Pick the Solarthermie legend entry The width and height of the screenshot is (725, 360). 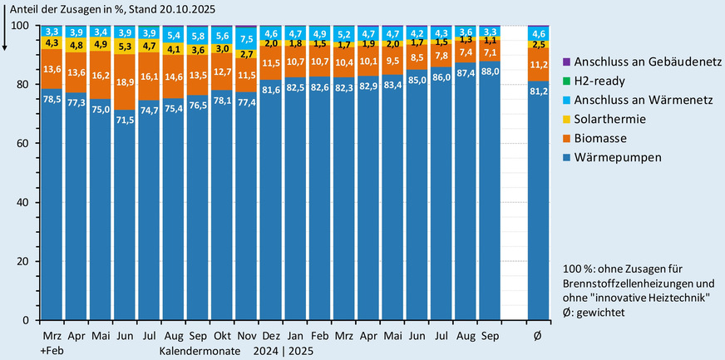[611, 120]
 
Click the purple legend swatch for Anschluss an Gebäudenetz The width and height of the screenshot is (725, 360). [567, 62]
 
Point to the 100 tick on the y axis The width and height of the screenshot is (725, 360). [20, 26]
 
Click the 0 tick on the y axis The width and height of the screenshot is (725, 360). [26, 320]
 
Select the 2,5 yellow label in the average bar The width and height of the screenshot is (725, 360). [540, 44]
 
